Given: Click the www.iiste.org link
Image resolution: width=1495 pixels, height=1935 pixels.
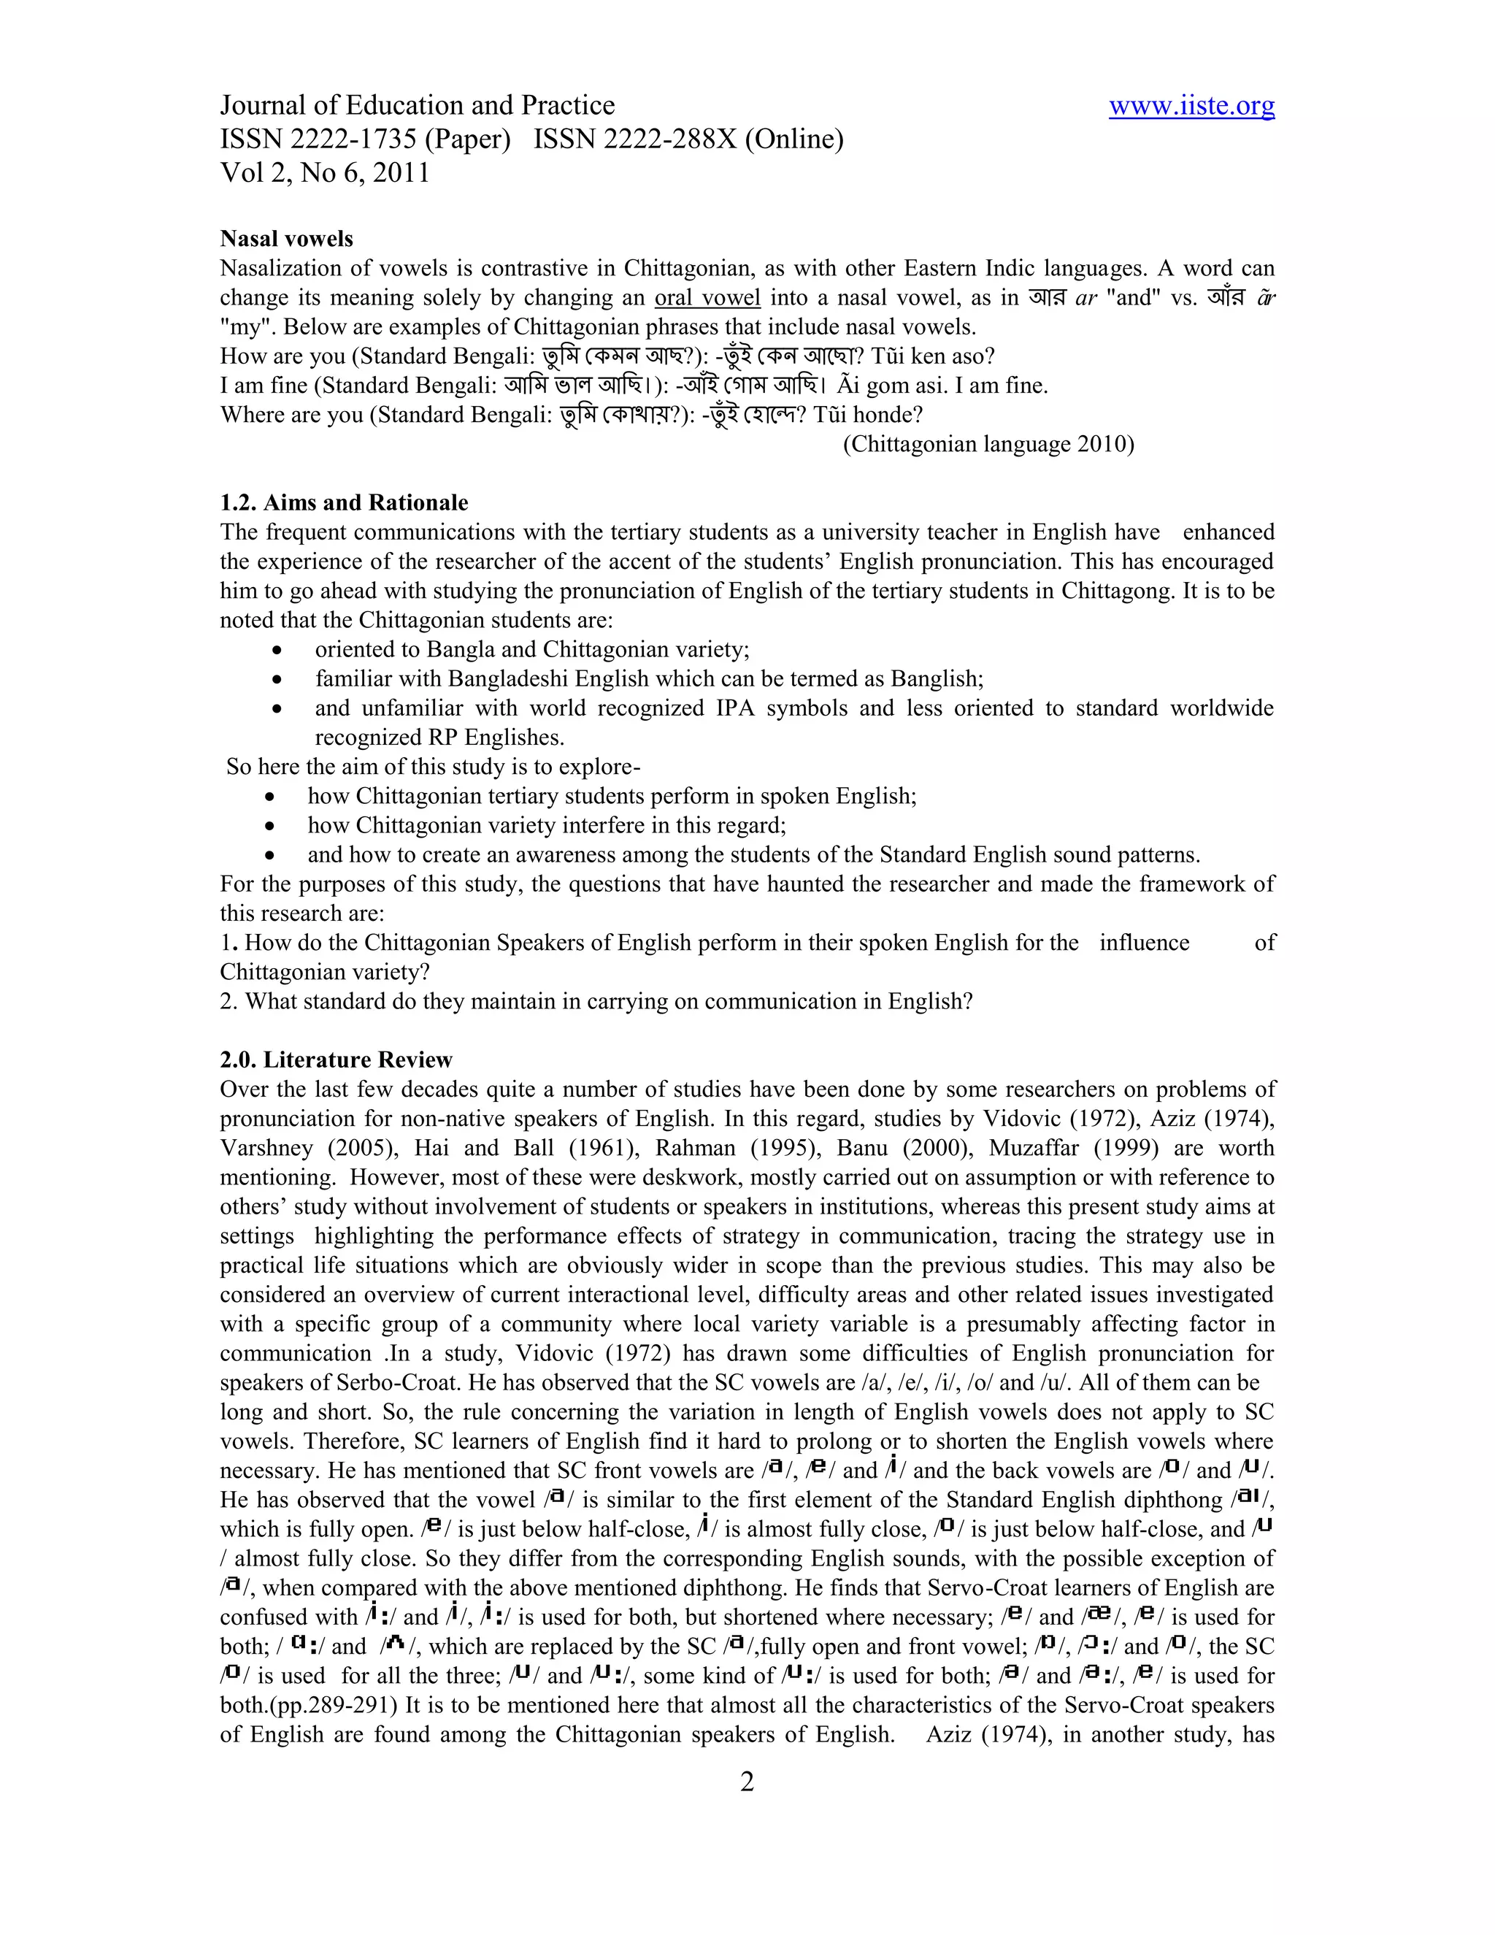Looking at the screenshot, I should [x=1191, y=105].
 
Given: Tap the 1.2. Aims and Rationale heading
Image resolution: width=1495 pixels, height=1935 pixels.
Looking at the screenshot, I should [x=344, y=502].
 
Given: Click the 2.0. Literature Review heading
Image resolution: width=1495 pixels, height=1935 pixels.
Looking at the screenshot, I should [x=336, y=1060].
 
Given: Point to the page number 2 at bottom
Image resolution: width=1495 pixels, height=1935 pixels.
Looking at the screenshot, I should [x=747, y=1782].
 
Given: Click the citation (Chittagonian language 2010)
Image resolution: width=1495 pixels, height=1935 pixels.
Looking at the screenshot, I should [x=988, y=444].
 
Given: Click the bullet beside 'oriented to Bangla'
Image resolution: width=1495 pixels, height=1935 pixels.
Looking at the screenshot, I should [x=278, y=651].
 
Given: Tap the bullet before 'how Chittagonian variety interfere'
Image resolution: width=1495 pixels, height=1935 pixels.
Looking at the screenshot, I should [x=271, y=826].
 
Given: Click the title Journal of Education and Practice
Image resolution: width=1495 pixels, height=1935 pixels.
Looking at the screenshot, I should [x=417, y=105].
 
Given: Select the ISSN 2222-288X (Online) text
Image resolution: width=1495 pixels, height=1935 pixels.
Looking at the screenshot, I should [x=688, y=139].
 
